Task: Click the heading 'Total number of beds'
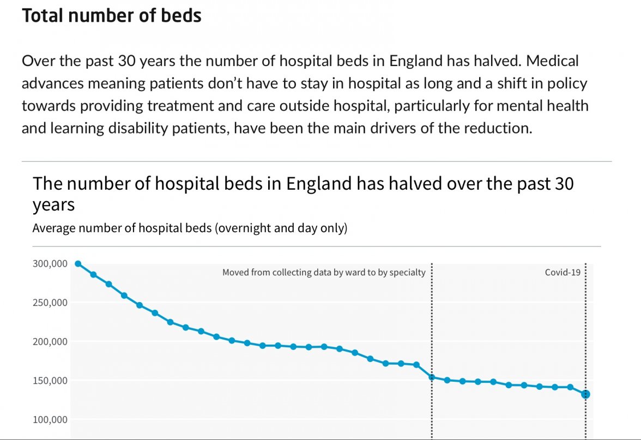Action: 112,15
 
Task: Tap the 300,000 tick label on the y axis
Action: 50,264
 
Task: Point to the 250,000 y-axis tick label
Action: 50,303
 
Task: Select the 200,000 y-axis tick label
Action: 50,342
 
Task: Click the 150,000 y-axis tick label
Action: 50,381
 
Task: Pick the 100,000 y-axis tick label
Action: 50,420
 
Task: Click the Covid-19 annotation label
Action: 563,273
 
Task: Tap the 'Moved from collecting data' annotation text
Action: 324,273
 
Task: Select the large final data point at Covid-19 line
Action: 585,394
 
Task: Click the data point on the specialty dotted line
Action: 432,377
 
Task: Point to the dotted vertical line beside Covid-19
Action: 585,327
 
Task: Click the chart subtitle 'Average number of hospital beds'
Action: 190,228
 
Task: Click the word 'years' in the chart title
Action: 53,206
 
